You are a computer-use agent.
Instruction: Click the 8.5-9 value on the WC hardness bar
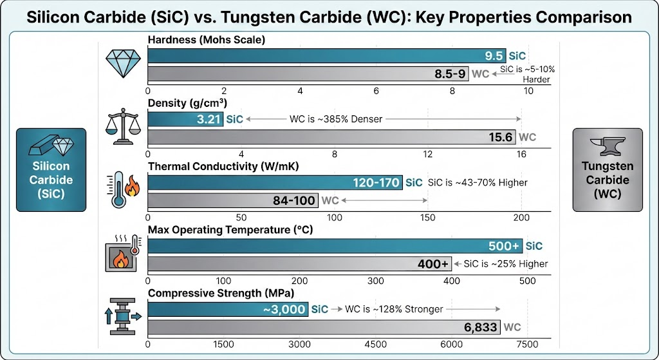point(450,73)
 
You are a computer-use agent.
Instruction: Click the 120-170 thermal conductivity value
point(376,183)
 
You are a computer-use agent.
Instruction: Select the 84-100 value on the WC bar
point(294,201)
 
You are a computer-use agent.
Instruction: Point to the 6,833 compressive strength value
point(481,327)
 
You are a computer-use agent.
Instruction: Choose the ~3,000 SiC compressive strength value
point(284,309)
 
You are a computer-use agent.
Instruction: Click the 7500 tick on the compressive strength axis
point(528,345)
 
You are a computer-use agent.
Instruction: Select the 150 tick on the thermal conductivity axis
point(427,218)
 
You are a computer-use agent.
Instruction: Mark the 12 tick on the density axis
point(427,155)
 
